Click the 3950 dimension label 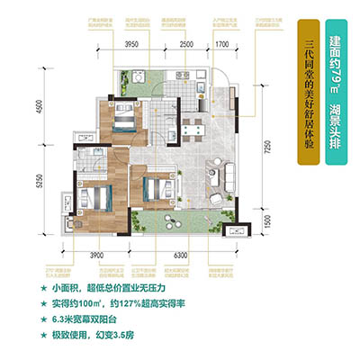136,43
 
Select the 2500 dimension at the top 187,43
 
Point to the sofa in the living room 217,176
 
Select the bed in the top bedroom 125,116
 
